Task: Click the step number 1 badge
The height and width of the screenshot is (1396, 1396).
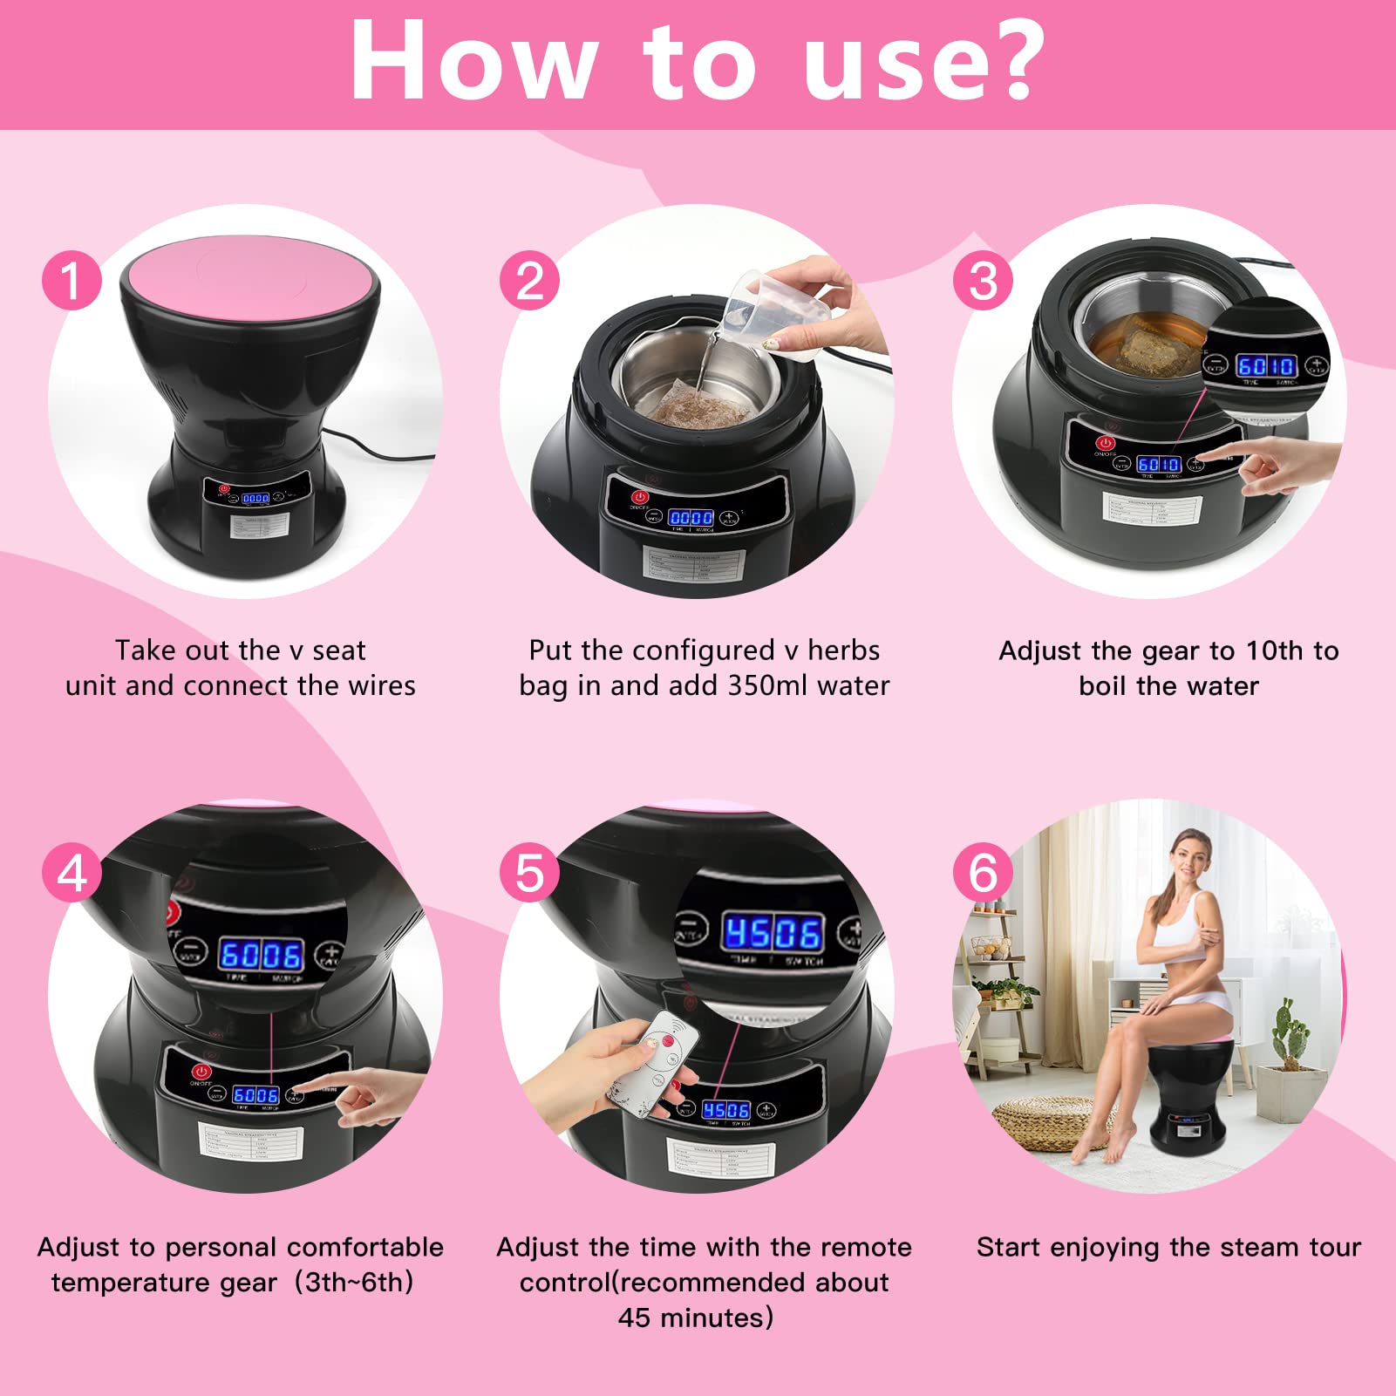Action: tap(72, 280)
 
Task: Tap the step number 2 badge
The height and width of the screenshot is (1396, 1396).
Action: tap(529, 280)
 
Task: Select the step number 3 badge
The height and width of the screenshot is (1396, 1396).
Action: tap(983, 280)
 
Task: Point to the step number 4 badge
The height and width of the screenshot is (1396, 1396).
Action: tap(72, 873)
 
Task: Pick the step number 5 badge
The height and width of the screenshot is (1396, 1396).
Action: tap(529, 873)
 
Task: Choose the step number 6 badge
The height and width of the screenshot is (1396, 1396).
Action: tap(983, 873)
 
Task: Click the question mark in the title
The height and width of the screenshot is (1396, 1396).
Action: tap(1011, 59)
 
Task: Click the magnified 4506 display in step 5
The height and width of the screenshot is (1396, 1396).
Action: tap(772, 933)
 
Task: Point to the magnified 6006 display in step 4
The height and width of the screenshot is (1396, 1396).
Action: tap(261, 955)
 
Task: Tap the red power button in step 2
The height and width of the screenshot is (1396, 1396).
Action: tap(640, 498)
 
